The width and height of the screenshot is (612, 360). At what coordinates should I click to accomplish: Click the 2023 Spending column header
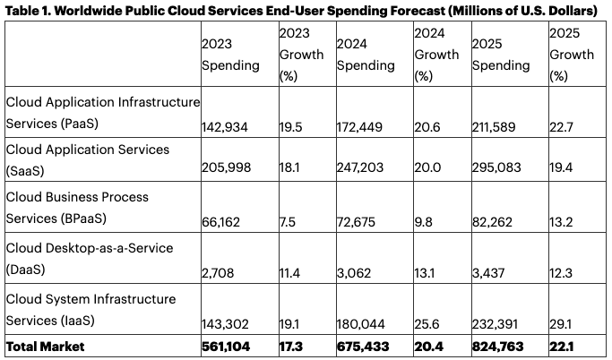click(x=230, y=56)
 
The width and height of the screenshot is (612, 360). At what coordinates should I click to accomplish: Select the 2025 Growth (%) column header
click(x=572, y=56)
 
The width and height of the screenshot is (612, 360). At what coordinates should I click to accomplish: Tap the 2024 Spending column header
click(x=366, y=56)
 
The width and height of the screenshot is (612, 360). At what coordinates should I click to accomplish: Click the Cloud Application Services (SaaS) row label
click(x=88, y=159)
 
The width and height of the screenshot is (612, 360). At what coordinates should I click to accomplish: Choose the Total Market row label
click(x=45, y=347)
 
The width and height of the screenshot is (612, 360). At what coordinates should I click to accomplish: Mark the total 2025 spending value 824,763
click(x=499, y=347)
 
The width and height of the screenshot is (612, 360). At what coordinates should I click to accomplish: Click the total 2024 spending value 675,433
click(x=364, y=347)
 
